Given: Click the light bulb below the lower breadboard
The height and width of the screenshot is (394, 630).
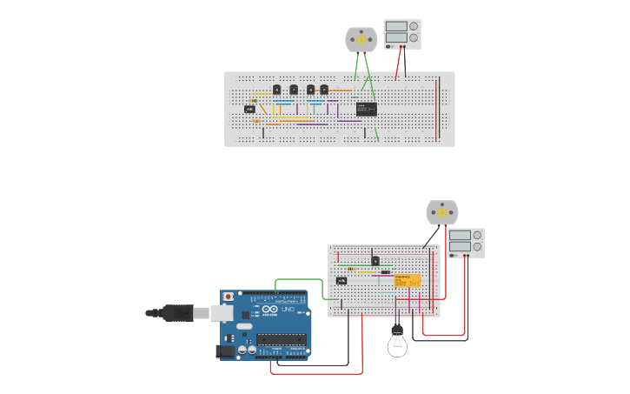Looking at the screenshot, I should coord(397,344).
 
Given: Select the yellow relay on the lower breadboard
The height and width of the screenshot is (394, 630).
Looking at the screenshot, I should coord(407,281).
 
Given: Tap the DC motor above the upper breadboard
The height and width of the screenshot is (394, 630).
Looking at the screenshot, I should coord(361,39).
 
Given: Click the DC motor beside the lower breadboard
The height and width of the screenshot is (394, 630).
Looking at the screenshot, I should coord(441,212).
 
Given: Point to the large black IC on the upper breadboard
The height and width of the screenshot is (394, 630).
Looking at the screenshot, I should coord(366,109).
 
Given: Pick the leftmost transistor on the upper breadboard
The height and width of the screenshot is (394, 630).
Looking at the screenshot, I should coord(276,89).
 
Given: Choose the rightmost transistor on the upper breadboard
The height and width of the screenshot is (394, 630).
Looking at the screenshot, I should coord(324,89).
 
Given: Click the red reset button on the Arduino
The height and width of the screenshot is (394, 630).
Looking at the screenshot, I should coord(229,297).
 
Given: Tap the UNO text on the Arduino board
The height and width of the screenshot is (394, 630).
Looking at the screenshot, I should coord(288,310).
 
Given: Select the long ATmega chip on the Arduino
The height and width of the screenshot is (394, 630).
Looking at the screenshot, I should coord(281,339).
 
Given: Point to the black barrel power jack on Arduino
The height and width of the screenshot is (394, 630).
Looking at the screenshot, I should coord(226,351).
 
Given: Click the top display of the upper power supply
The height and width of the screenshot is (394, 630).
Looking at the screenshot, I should coord(395,27).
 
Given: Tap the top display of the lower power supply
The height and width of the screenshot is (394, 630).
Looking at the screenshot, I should coord(460,235).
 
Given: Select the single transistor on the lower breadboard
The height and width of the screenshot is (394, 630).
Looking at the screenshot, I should coord(375,260).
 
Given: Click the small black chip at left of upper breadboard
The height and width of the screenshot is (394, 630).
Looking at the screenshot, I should coord(249,109).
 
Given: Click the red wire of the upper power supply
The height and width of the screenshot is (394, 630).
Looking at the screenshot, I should coord(399,63).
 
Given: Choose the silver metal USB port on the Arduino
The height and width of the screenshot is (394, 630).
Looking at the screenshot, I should coord(221,313).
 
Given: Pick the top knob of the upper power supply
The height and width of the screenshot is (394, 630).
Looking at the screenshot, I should coord(414,26).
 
